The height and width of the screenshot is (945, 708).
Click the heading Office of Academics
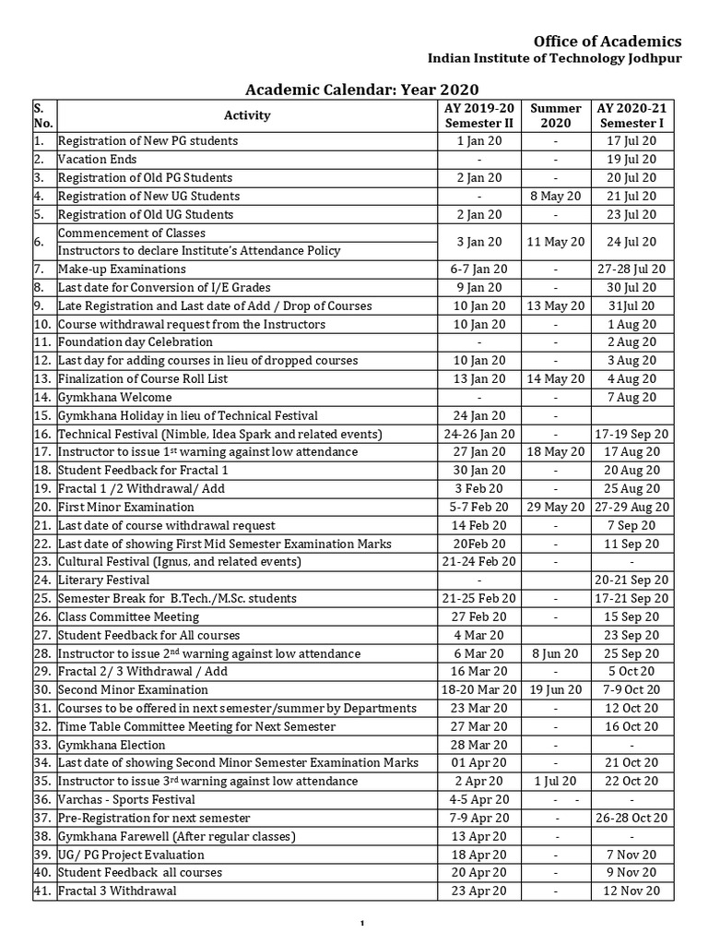coord(608,41)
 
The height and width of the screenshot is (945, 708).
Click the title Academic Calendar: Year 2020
coord(361,90)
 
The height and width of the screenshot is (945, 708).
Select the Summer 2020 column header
coord(555,115)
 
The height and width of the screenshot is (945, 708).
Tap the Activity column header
coord(247,115)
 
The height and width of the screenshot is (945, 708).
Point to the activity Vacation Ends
coord(97,160)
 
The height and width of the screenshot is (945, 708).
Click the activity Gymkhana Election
coord(112,745)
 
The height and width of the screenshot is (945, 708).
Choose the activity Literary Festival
coord(103,580)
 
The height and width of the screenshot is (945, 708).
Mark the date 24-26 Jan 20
coord(479,434)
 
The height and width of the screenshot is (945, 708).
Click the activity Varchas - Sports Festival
coord(126,799)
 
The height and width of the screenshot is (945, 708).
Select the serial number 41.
coord(41,891)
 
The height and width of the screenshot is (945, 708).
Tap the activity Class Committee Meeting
coord(128,616)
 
